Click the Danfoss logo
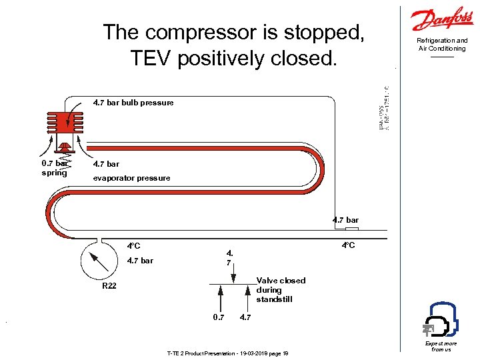442,20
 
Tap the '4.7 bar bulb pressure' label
133,103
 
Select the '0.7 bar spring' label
54,167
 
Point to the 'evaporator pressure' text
131,178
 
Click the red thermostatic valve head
64,123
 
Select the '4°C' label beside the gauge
134,247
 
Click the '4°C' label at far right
348,245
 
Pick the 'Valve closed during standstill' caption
281,290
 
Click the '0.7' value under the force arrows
217,317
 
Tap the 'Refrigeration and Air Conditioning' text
442,45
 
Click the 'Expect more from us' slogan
441,346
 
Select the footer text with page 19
227,353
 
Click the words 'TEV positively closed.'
234,59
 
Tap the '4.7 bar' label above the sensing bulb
345,220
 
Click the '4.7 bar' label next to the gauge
140,261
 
